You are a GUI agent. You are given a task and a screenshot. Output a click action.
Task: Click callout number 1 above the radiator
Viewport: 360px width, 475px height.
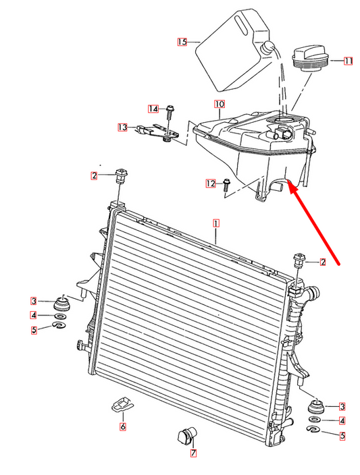coord(216,222)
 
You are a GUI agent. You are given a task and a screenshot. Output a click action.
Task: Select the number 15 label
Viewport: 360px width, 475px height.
coord(182,42)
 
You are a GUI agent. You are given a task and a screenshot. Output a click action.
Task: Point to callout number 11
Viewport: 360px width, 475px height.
coord(348,61)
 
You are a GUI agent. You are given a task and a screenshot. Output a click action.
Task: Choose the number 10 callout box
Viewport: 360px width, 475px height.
coord(220,105)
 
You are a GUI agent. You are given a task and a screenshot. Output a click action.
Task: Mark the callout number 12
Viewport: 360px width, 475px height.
coord(211,183)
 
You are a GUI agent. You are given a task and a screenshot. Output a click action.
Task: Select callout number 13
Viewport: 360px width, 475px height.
coord(122,127)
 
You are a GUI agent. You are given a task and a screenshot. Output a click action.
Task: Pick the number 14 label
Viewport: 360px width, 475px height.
coord(153,109)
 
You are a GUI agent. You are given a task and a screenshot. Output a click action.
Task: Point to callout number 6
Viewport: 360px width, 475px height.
coord(122,426)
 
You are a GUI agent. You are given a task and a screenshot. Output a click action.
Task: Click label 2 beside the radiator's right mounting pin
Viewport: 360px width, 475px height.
coord(324,262)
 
